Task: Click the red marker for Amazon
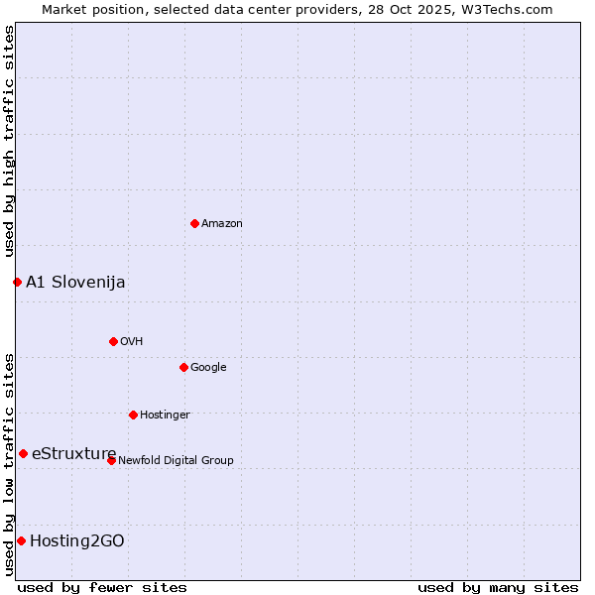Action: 194,223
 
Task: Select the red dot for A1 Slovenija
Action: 17,282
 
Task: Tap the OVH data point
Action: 113,341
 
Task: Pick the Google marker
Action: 183,367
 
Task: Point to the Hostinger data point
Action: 133,415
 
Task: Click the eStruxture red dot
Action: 23,453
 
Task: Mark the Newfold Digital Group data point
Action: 111,460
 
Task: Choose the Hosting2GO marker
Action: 21,540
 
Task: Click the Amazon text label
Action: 222,224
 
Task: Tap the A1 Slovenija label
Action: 75,283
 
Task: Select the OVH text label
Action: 132,342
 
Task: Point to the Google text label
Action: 208,368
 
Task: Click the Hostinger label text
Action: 165,416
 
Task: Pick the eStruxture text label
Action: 73,454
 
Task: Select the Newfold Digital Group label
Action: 176,461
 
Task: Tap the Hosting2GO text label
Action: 76,541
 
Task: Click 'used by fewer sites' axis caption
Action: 102,587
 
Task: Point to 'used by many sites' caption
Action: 498,587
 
